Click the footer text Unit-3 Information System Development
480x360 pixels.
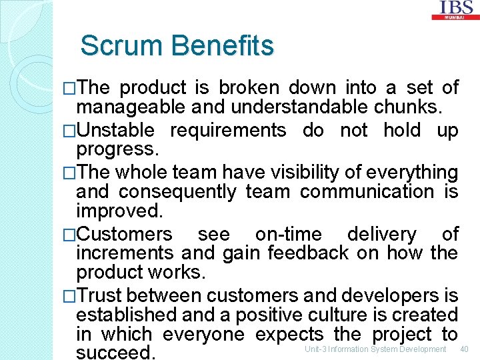tap(375, 349)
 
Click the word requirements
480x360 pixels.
tap(228, 130)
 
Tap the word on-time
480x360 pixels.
tap(288, 234)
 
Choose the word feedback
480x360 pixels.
tap(308, 253)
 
